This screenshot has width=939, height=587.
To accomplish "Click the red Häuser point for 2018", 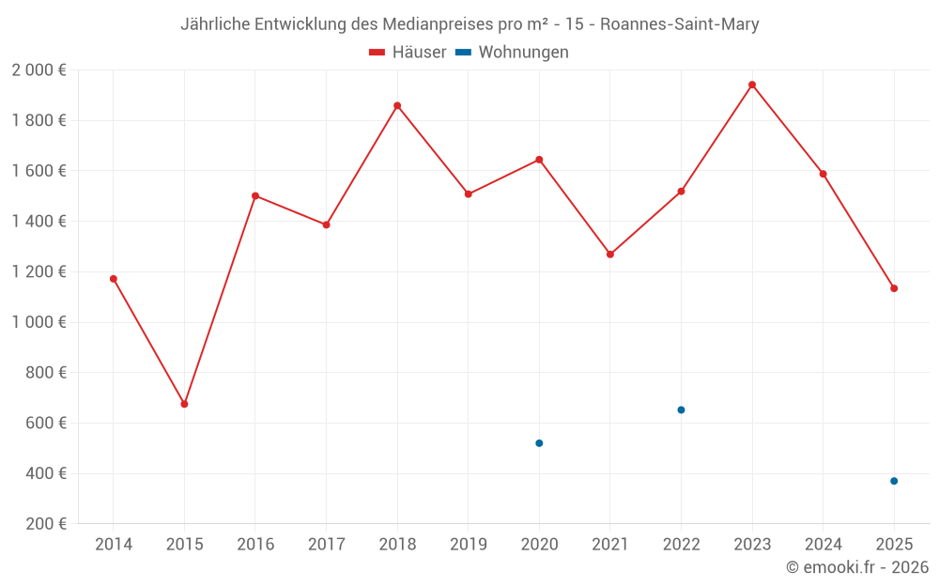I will coord(397,106).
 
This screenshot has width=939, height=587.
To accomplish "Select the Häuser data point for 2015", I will coord(184,404).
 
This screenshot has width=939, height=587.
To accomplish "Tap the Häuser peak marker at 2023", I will coord(752,85).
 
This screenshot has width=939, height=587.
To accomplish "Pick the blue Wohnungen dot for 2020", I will coord(539,443).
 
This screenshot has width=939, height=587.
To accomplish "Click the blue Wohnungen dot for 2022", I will coord(681,409).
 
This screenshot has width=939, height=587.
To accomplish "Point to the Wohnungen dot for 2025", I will coord(894,481).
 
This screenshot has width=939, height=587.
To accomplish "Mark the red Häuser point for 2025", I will coord(894,288).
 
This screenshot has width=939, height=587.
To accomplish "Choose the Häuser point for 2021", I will coord(610,255).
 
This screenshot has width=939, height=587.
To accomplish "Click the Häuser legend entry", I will coord(408,53).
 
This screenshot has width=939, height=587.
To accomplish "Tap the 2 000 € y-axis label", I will coord(38,70).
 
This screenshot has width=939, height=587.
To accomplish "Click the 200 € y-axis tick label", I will coord(45,524).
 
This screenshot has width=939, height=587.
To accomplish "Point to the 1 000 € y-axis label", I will coord(38,322).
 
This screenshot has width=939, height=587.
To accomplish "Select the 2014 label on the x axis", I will coord(114,545).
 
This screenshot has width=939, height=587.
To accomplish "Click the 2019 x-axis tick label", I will coord(469,545).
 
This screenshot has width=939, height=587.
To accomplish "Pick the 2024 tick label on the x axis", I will coord(824,545).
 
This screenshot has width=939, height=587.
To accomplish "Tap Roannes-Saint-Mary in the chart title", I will coord(679,24).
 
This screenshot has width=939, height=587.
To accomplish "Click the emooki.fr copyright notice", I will coord(857,567).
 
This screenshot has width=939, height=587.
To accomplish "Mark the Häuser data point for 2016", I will coord(255,196).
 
